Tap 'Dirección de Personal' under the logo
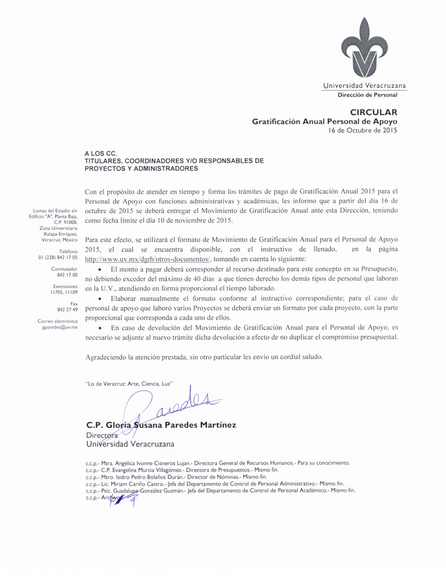(x=367, y=94)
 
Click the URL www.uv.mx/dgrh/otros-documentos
(x=147, y=259)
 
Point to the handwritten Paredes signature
(x=169, y=402)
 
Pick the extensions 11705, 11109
(x=63, y=292)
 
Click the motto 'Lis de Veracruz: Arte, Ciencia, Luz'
(x=129, y=383)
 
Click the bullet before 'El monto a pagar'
(x=99, y=269)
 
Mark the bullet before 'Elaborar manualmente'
(x=99, y=298)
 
